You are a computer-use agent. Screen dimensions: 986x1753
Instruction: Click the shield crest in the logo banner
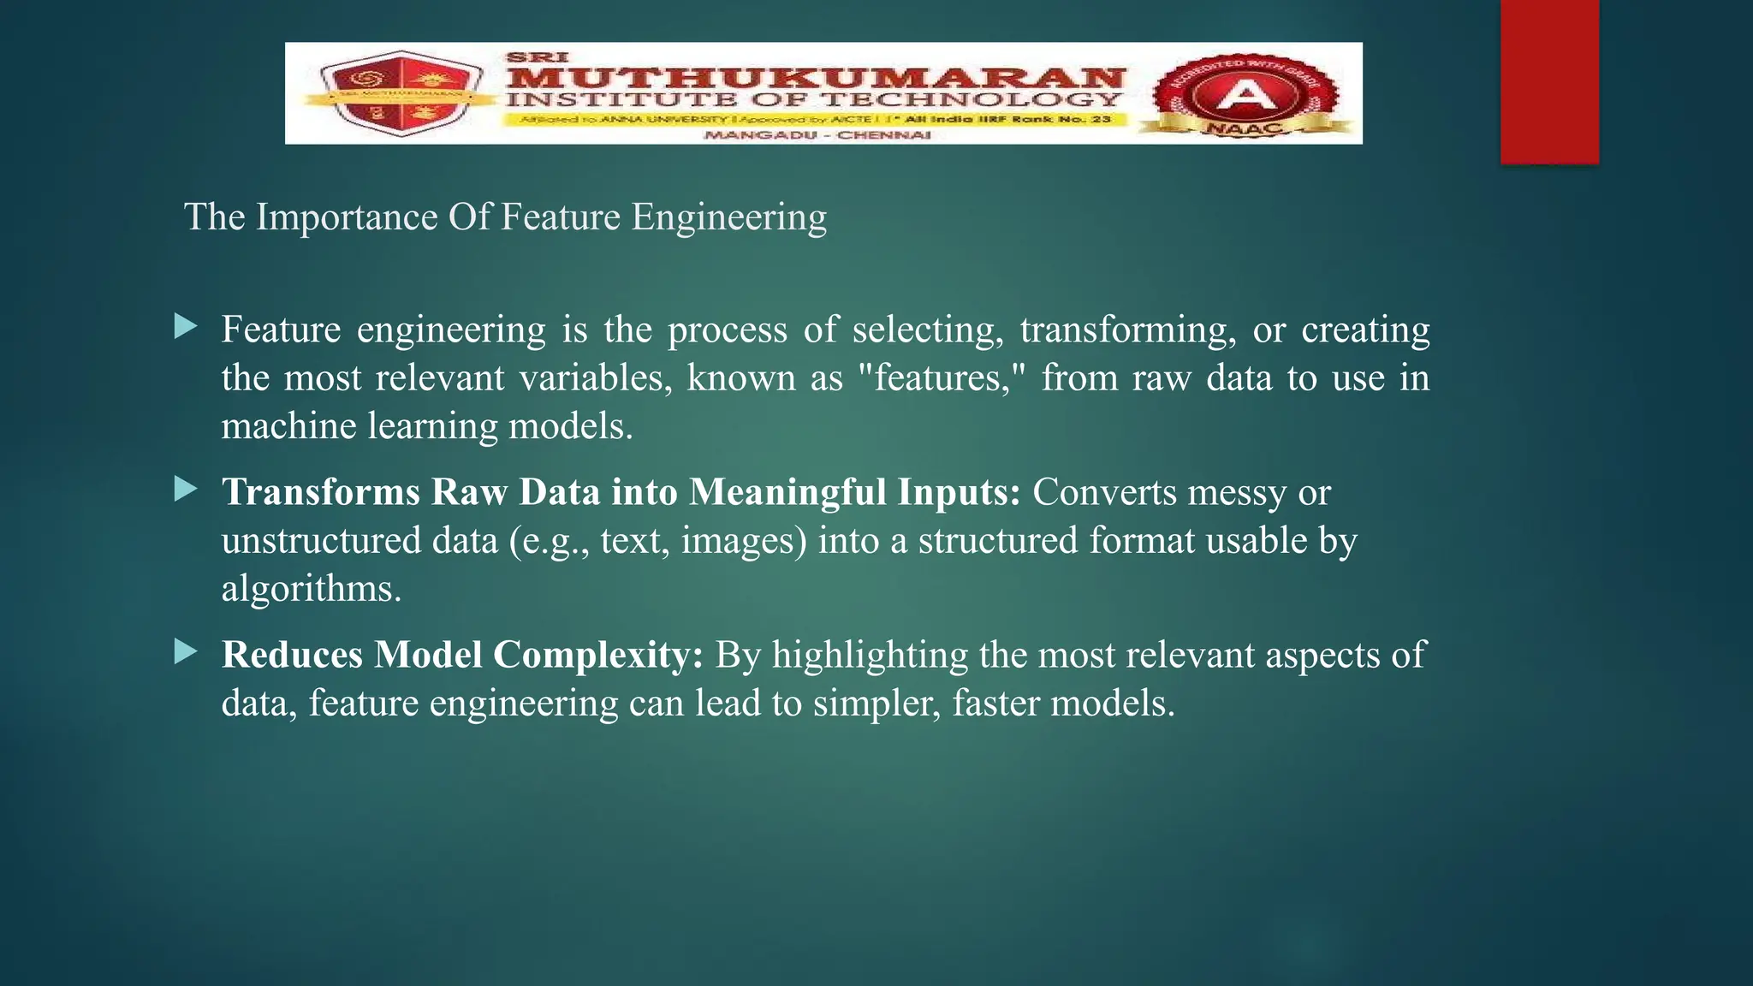point(396,94)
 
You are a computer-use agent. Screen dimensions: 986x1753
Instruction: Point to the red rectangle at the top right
point(1549,81)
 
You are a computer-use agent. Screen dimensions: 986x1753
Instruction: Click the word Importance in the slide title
point(348,217)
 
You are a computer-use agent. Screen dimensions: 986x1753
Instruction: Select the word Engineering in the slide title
point(729,217)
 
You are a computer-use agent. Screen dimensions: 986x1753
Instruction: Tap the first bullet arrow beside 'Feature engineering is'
point(185,326)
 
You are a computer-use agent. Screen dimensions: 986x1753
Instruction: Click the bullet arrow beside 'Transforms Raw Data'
point(185,490)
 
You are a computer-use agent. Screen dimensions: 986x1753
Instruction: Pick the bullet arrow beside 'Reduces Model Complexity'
point(185,652)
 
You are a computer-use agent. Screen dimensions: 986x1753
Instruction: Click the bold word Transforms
point(321,493)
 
